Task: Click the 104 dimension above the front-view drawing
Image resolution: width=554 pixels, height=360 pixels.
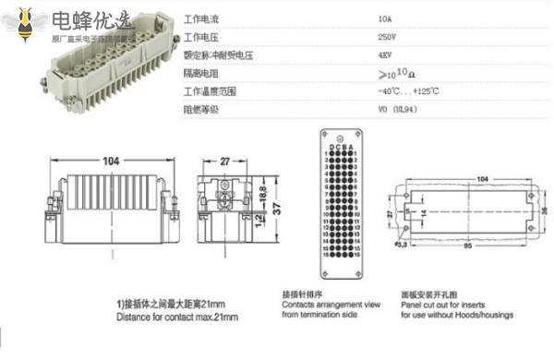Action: [111, 162]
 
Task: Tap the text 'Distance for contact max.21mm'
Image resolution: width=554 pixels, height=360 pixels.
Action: [178, 317]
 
